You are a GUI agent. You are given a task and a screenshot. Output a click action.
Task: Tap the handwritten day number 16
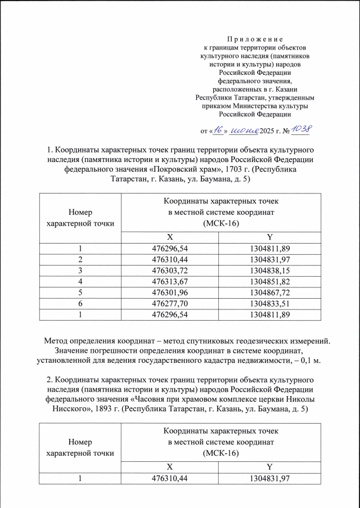[x=218, y=131]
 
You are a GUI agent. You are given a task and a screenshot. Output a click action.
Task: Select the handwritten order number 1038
[x=300, y=130]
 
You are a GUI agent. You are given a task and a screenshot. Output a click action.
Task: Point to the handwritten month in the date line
[x=243, y=131]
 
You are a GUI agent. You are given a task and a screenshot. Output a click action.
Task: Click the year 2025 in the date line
[x=268, y=132]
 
